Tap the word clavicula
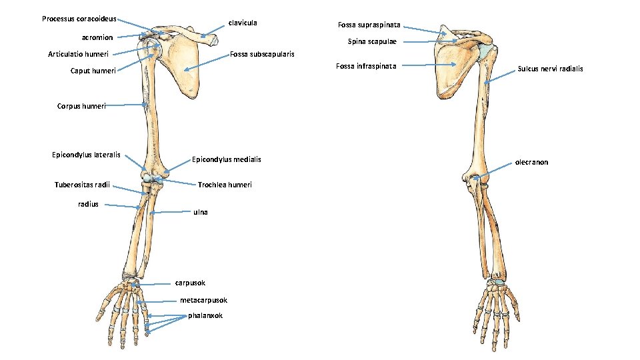(x=243, y=23)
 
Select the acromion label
(x=97, y=37)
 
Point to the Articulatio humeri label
(x=79, y=54)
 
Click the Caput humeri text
(x=93, y=71)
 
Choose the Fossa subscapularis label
(x=262, y=54)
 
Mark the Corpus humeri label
(x=81, y=105)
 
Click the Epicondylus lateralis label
(x=86, y=155)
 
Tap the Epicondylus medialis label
(x=227, y=159)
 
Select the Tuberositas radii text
(x=82, y=185)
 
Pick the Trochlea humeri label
(x=225, y=185)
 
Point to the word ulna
(x=201, y=212)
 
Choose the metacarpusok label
(x=203, y=300)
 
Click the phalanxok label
(x=205, y=315)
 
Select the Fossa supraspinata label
(x=369, y=25)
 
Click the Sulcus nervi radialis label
(x=550, y=69)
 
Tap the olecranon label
(x=531, y=162)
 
